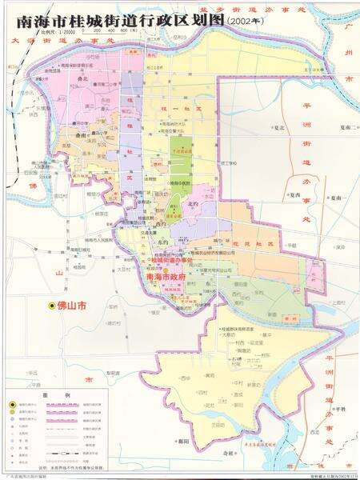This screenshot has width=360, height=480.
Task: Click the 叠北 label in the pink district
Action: point(82,80)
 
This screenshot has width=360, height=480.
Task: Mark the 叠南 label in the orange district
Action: point(81,137)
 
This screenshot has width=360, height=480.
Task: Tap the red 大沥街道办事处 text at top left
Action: point(48,38)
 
